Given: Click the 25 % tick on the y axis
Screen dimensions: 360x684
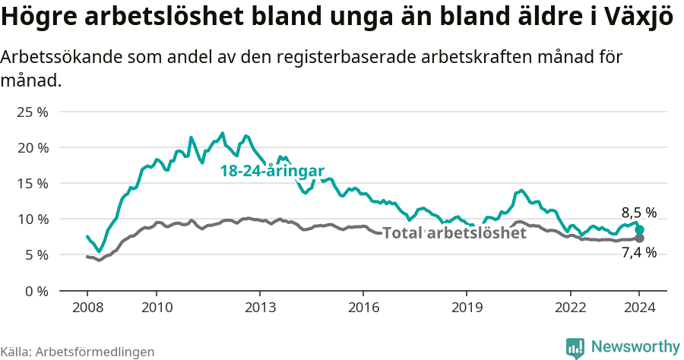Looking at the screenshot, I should (x=33, y=112).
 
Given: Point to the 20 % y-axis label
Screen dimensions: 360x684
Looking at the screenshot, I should (x=33, y=147).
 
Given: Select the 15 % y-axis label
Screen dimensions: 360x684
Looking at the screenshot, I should (x=33, y=183).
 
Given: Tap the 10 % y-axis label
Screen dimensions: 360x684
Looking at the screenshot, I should (x=33, y=219).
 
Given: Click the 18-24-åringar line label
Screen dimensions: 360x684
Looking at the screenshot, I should (x=272, y=172).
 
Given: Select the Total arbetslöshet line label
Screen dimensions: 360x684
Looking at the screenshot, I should (x=454, y=233).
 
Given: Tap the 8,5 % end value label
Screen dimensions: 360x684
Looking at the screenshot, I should (x=638, y=213).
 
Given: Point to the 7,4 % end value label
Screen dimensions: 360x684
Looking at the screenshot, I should (x=638, y=253).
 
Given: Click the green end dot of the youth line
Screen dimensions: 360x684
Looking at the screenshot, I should (x=640, y=229).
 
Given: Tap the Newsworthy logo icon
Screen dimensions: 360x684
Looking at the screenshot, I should (x=575, y=347).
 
